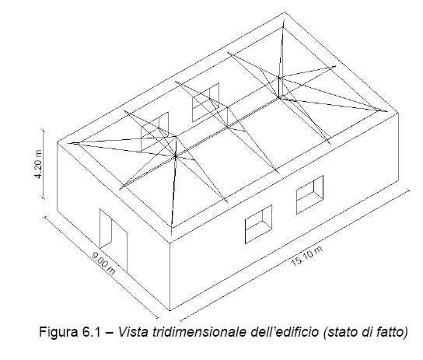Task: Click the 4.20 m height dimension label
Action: tap(39, 164)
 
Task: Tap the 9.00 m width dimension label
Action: tap(103, 263)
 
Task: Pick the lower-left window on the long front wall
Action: tap(258, 225)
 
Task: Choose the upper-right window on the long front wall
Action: tap(309, 194)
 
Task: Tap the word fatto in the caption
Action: tap(392, 332)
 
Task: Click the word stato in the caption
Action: tap(340, 332)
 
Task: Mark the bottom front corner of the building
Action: tap(170, 310)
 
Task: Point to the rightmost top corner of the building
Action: tap(398, 113)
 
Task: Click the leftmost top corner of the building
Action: tap(57, 142)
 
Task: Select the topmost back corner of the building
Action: tap(285, 12)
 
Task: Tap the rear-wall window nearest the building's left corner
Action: tap(155, 131)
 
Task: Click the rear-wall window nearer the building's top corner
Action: tap(205, 102)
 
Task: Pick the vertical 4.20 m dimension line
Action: tap(43, 164)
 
